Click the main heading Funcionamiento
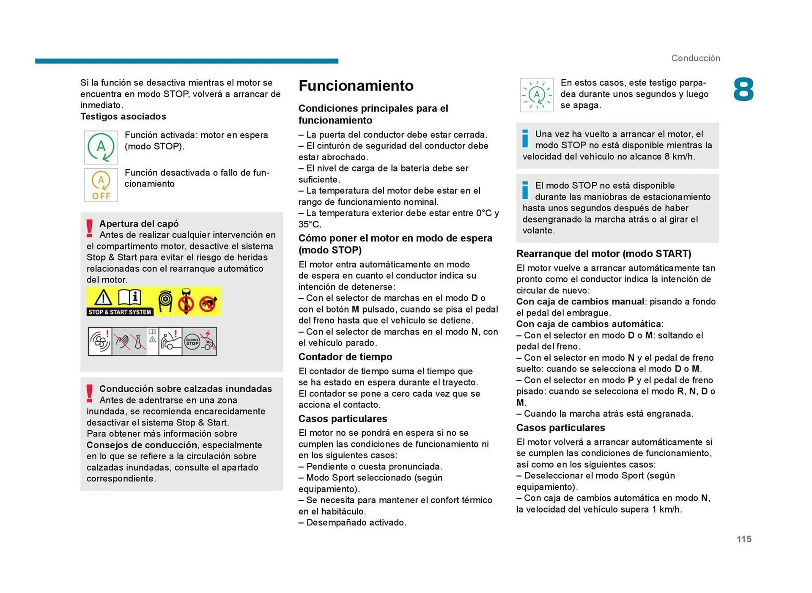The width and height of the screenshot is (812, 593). tap(356, 86)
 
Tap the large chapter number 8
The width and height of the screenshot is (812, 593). tap(743, 90)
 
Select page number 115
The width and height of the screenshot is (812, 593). tap(744, 539)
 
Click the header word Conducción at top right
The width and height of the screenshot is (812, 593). tap(695, 58)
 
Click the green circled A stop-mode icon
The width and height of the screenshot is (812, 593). tap(101, 147)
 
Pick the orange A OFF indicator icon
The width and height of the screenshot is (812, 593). tap(101, 185)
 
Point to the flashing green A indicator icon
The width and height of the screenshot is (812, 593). tap(536, 95)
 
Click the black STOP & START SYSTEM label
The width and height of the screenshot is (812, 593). tap(120, 312)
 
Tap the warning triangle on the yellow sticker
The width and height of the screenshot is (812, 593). tap(103, 297)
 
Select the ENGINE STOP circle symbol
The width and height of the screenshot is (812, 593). tap(192, 342)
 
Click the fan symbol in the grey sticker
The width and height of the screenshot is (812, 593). tap(99, 341)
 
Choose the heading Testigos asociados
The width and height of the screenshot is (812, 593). tap(123, 116)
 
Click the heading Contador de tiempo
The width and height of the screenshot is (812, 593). tap(345, 357)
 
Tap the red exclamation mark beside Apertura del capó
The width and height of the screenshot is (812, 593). tap(89, 228)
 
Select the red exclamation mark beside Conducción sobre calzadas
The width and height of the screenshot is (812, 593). tap(89, 393)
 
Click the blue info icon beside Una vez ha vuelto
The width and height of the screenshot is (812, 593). tap(525, 138)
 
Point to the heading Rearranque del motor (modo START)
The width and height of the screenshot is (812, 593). tap(604, 253)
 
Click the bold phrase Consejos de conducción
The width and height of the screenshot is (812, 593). tap(142, 445)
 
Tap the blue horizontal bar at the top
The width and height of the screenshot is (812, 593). tap(187, 61)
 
